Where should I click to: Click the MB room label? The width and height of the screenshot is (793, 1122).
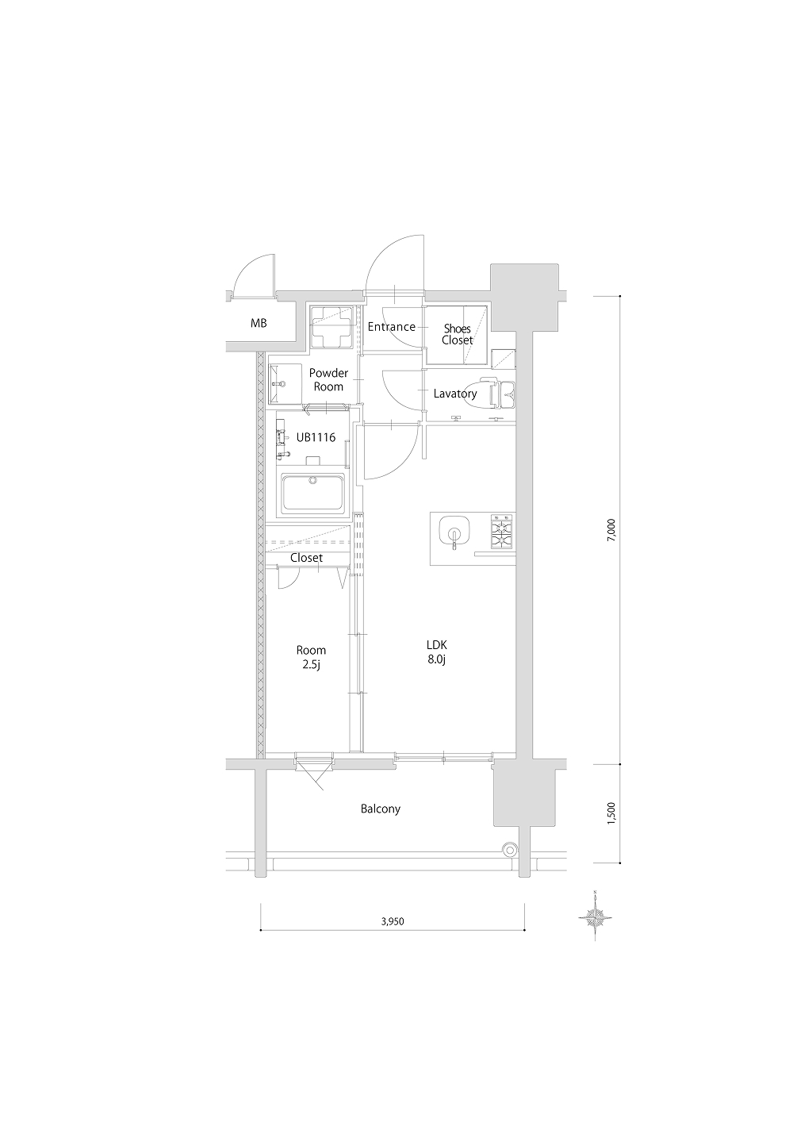pyautogui.click(x=259, y=323)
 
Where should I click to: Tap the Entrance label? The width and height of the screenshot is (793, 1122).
pyautogui.click(x=392, y=327)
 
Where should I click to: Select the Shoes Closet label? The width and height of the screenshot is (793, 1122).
pyautogui.click(x=457, y=334)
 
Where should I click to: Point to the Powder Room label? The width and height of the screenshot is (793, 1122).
pyautogui.click(x=328, y=379)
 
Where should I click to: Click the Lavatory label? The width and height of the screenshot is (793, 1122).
pyautogui.click(x=455, y=394)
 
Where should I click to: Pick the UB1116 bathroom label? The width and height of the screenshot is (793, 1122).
pyautogui.click(x=316, y=437)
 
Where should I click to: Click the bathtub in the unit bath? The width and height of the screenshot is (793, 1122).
pyautogui.click(x=313, y=493)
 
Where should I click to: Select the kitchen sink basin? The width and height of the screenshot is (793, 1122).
pyautogui.click(x=454, y=532)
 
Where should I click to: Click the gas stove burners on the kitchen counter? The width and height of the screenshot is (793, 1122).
pyautogui.click(x=503, y=532)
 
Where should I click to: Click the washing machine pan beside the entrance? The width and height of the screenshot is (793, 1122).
pyautogui.click(x=331, y=326)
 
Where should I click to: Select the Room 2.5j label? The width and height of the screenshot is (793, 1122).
pyautogui.click(x=311, y=657)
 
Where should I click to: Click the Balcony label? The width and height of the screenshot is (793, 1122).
pyautogui.click(x=381, y=809)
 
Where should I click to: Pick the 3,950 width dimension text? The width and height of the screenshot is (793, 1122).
pyautogui.click(x=393, y=921)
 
